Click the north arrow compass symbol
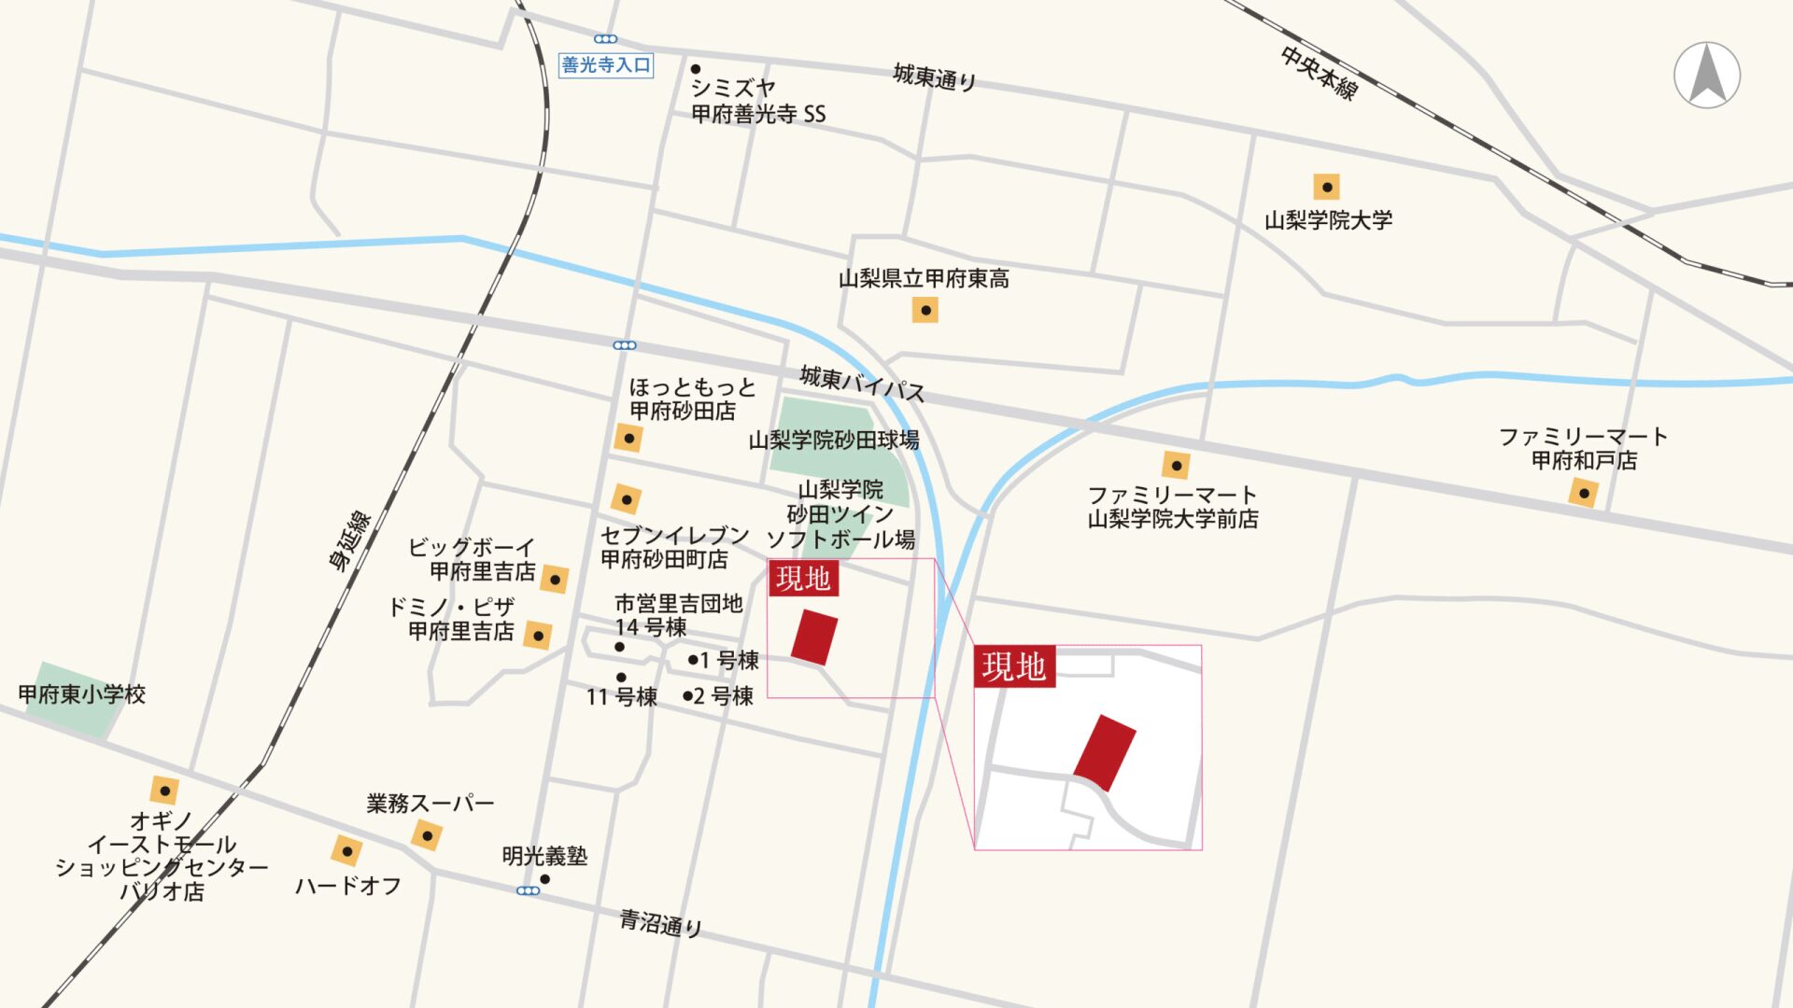tap(1707, 75)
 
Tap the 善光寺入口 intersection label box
tap(605, 64)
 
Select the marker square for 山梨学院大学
tap(1326, 187)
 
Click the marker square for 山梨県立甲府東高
tap(925, 310)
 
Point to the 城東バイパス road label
tap(861, 383)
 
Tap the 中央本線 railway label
tap(1319, 72)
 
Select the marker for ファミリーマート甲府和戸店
tap(1584, 493)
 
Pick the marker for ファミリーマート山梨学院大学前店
tap(1176, 464)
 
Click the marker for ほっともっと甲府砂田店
tap(628, 438)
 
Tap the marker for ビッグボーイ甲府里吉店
tap(554, 579)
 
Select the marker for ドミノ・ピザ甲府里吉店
tap(537, 636)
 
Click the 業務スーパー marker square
tap(427, 834)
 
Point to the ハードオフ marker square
tap(346, 850)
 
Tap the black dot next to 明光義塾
tap(545, 879)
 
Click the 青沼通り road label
tap(660, 923)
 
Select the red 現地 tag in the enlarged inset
tap(1014, 666)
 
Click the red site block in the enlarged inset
tap(1105, 752)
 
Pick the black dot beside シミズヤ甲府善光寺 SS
tap(696, 69)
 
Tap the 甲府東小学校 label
tap(82, 694)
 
